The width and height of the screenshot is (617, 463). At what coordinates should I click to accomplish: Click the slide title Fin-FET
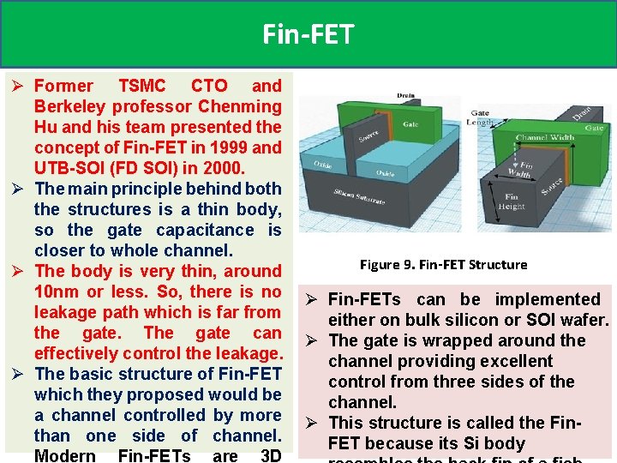308,34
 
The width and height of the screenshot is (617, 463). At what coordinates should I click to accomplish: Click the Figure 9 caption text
443,264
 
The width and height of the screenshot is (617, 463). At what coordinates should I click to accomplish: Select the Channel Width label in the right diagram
545,137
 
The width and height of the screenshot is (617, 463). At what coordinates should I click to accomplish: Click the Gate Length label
479,117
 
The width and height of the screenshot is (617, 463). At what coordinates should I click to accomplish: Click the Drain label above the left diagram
407,95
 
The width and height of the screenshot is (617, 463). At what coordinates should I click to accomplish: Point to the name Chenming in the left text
239,106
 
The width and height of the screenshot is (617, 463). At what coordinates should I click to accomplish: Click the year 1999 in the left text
232,147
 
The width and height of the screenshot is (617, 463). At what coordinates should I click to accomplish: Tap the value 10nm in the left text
57,292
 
